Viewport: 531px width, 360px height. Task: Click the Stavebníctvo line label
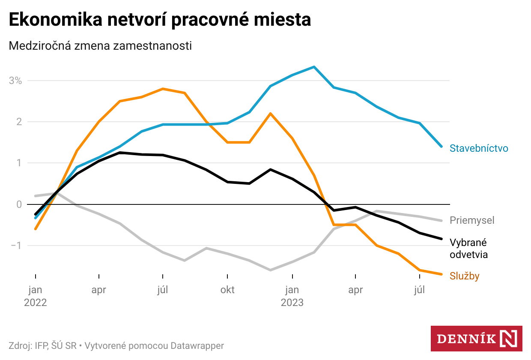[479, 148]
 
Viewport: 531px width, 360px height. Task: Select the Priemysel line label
[472, 220]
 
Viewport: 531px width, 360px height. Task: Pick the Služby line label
[464, 276]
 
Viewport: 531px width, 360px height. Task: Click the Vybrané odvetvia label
[468, 249]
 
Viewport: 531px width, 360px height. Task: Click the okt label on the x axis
[227, 290]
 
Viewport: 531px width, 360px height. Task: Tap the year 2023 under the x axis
[292, 303]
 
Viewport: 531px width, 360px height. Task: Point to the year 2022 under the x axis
[35, 303]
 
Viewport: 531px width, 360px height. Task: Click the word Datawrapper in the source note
[197, 345]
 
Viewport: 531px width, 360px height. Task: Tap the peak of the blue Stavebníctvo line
[314, 67]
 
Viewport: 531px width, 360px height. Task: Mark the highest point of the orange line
[163, 89]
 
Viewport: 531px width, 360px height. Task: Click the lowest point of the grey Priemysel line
[270, 270]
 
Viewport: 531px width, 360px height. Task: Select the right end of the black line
[442, 239]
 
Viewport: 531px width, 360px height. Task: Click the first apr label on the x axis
[98, 290]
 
